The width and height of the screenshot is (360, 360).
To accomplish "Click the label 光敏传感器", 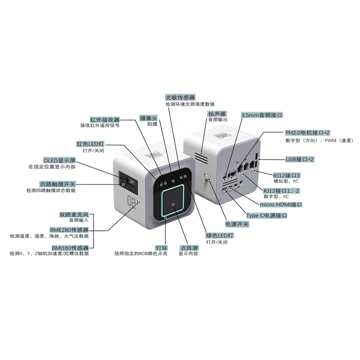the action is [x=180, y=97].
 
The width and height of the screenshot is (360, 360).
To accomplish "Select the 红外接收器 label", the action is [x=105, y=120].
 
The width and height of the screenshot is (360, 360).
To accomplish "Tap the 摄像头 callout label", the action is [x=148, y=118].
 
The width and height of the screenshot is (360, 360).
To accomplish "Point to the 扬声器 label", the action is [x=217, y=114].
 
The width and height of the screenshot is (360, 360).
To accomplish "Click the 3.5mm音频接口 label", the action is [x=262, y=115].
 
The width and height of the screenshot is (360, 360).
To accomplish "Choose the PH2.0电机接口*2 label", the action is [x=307, y=133].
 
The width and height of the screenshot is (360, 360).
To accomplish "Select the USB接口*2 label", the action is [x=299, y=159].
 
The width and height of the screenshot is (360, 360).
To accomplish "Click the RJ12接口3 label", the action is [x=286, y=175].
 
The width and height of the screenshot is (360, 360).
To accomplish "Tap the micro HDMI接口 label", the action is [x=281, y=205].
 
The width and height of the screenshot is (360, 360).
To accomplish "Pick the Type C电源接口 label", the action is [x=266, y=216].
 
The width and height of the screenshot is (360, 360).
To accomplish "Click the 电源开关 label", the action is [x=237, y=224].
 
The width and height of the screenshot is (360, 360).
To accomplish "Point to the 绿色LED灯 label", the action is [x=220, y=235].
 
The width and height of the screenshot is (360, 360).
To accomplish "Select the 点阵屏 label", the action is [x=189, y=248].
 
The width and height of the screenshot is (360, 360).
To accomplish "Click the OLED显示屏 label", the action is [x=59, y=160].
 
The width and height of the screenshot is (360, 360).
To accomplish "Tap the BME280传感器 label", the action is [x=69, y=230].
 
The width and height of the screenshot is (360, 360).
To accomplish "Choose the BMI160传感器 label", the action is [x=70, y=248].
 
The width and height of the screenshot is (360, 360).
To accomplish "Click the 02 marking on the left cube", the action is [x=131, y=200].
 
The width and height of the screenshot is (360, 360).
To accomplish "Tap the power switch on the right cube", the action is [x=207, y=176].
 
